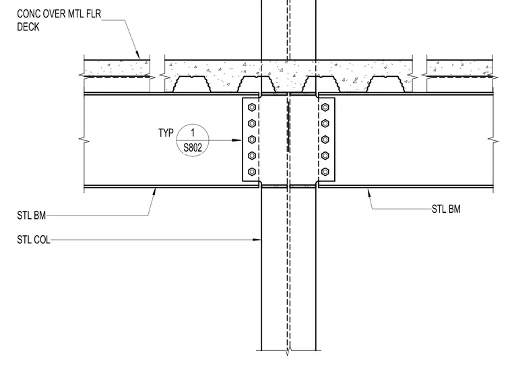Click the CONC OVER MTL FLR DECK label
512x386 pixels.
pos(59,20)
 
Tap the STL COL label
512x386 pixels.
pos(34,240)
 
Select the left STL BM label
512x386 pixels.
pos(32,216)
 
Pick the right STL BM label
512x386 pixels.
pos(446,209)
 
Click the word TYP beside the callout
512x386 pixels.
pos(166,133)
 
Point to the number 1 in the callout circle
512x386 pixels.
pos(193,133)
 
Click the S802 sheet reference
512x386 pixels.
pos(193,148)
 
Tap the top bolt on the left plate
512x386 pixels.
pos(252,107)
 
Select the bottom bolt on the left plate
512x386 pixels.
pos(252,172)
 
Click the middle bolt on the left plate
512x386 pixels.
pos(252,139)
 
